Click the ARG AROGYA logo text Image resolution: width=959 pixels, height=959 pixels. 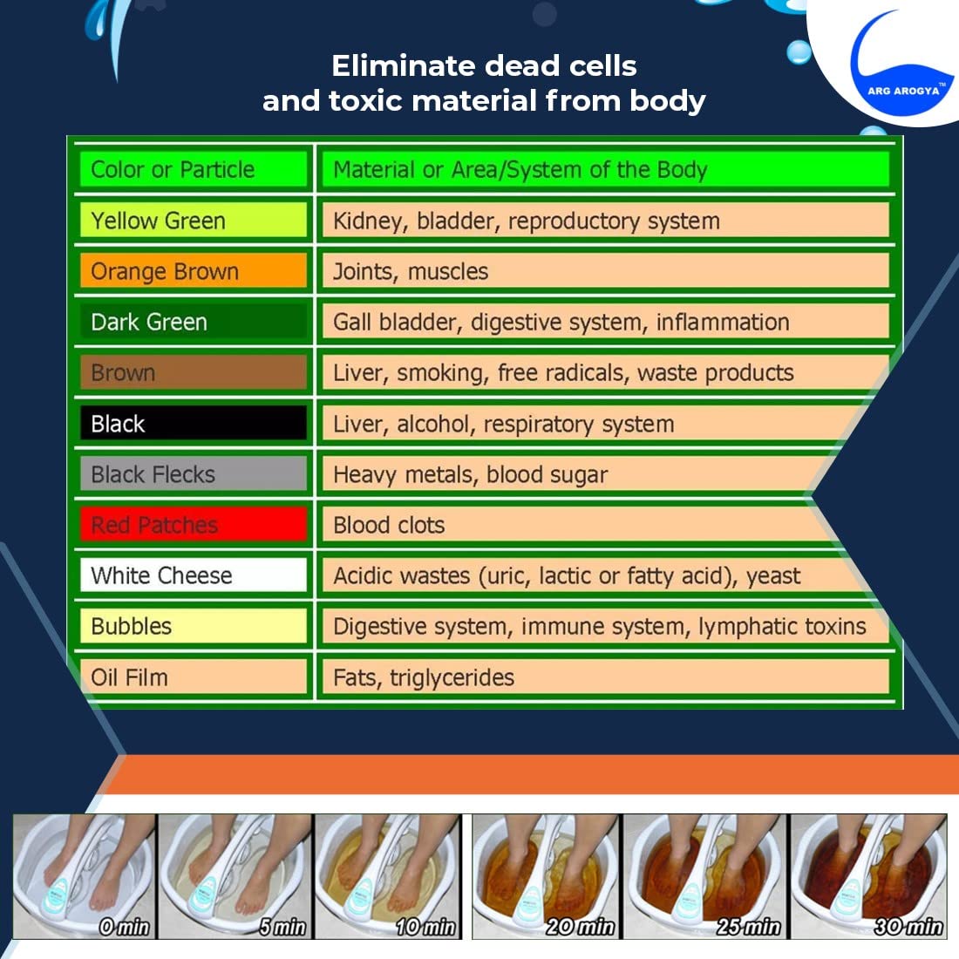[904, 90]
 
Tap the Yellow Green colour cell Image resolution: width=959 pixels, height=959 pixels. [193, 221]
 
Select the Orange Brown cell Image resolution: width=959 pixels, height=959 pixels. [193, 271]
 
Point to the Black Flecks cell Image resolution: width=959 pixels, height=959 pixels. [193, 474]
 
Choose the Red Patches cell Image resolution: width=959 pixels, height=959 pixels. [193, 525]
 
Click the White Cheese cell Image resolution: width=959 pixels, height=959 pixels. [193, 575]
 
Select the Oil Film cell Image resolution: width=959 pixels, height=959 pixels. [193, 677]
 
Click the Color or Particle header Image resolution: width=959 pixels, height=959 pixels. [193, 169]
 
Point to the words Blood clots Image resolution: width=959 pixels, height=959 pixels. [389, 525]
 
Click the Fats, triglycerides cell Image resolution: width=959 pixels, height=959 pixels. [602, 677]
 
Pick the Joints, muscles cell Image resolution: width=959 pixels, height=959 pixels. [602, 271]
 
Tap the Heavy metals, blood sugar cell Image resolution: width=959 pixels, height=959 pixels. [602, 474]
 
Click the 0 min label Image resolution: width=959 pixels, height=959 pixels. [124, 927]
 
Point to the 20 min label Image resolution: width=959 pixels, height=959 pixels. [581, 927]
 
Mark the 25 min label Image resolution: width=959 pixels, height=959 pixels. [748, 927]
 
